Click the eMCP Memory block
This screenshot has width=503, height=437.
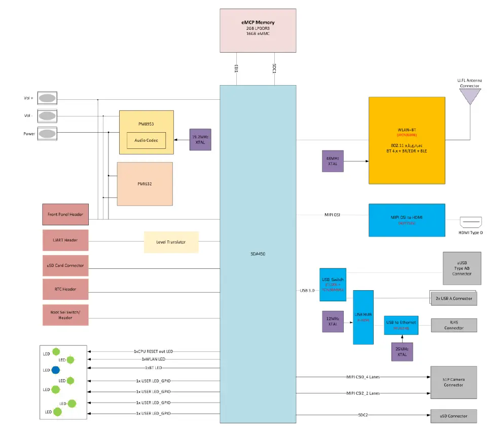pyautogui.click(x=258, y=30)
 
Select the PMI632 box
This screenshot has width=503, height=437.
pyautogui.click(x=145, y=184)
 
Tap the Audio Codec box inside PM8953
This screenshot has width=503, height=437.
pyautogui.click(x=146, y=140)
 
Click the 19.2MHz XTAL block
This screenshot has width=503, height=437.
pyautogui.click(x=200, y=139)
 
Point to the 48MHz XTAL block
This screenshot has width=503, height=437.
pyautogui.click(x=333, y=161)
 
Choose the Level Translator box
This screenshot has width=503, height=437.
pyautogui.click(x=171, y=242)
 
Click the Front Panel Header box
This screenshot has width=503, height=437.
pyautogui.click(x=66, y=214)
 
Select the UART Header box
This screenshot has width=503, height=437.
pyautogui.click(x=66, y=240)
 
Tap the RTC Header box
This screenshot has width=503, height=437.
pyautogui.click(x=66, y=289)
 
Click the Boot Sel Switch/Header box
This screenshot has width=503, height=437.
pyautogui.click(x=66, y=314)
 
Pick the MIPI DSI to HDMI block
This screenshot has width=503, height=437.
pyautogui.click(x=406, y=220)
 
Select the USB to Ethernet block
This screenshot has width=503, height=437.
pyautogui.click(x=401, y=325)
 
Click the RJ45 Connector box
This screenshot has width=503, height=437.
pyautogui.click(x=453, y=325)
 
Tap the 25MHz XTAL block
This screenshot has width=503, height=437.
pyautogui.click(x=402, y=351)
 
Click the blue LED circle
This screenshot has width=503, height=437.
pyautogui.click(x=56, y=370)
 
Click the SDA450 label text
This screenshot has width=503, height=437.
pyautogui.click(x=258, y=254)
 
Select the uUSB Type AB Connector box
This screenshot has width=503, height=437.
pyautogui.click(x=461, y=268)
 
